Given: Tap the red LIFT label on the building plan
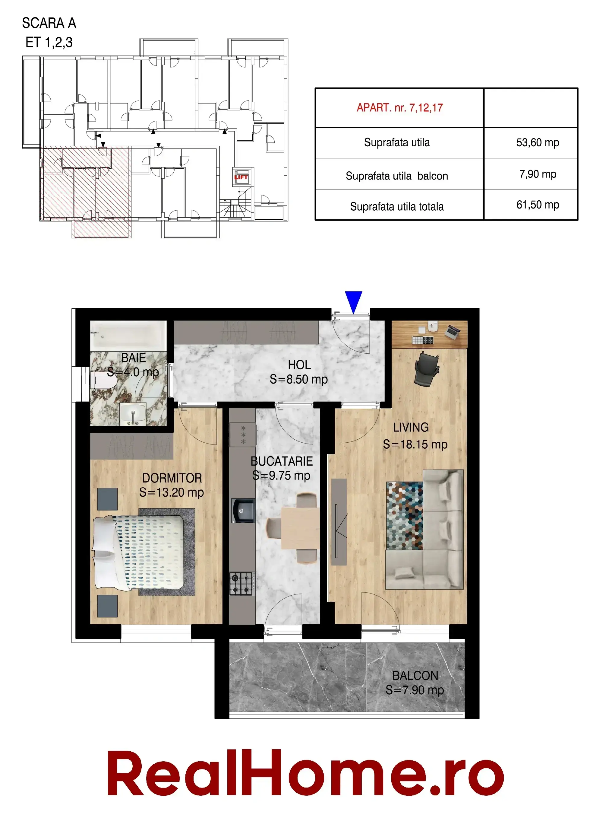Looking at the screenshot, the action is click(x=241, y=177).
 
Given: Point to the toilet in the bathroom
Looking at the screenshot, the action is click(x=103, y=380).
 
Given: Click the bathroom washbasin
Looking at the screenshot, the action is click(x=133, y=414).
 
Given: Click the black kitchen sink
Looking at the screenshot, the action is click(x=243, y=510).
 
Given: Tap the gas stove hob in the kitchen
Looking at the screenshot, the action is click(x=242, y=584).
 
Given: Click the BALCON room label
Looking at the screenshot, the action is click(x=415, y=676).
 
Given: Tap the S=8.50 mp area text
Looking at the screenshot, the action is click(x=298, y=379).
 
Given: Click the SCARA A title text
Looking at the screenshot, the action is click(x=49, y=23).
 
